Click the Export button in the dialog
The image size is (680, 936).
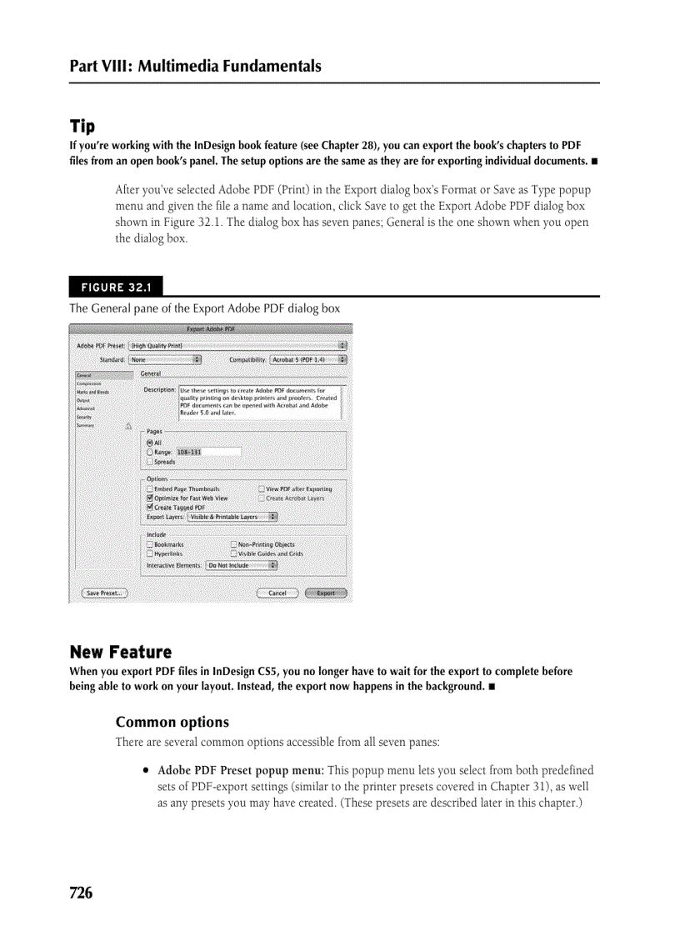coord(326,593)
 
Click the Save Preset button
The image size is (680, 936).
coord(104,593)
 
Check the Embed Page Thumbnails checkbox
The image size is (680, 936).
coord(150,489)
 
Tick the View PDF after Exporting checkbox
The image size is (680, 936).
coord(262,489)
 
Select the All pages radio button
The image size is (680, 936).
coord(150,443)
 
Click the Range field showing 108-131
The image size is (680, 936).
coord(207,452)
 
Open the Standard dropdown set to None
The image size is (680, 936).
coord(165,360)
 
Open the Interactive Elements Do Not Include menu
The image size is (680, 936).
coord(242,565)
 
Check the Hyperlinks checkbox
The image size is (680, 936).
coord(150,553)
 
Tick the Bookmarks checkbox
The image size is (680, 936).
coord(150,544)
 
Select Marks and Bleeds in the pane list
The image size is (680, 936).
coord(92,392)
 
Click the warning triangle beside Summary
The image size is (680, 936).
coord(128,425)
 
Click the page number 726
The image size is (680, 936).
coord(81,893)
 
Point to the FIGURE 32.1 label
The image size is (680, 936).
coord(116,288)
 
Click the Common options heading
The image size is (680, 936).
coord(172,722)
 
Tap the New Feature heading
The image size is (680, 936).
coord(120,652)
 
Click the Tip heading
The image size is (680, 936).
coord(82,127)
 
